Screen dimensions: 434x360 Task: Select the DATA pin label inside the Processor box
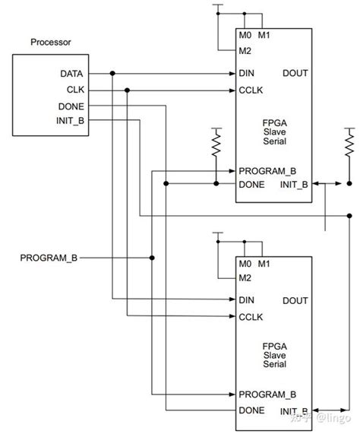(x=72, y=74)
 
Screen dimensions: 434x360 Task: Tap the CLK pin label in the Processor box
(x=74, y=90)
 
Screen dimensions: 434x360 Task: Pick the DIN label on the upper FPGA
(x=246, y=74)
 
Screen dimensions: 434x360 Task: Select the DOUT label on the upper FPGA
(x=295, y=74)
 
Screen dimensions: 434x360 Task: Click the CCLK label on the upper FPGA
(x=250, y=90)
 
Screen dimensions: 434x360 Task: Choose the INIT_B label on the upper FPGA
(x=294, y=185)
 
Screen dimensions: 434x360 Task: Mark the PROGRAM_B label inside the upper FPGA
(x=267, y=170)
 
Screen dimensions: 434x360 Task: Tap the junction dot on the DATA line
(x=112, y=74)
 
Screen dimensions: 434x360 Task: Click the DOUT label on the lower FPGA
(x=295, y=301)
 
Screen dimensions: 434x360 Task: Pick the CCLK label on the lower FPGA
(x=250, y=317)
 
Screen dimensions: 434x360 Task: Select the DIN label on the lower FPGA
(x=246, y=301)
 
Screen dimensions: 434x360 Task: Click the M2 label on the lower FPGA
(x=245, y=277)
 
